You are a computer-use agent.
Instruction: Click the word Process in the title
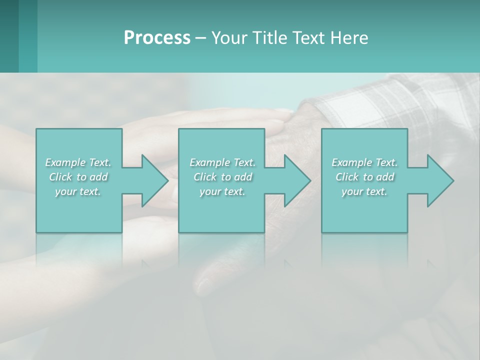[157, 38]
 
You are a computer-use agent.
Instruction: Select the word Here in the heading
[349, 38]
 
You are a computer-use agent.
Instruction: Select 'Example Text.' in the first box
[78, 162]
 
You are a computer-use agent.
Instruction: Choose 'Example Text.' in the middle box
[222, 162]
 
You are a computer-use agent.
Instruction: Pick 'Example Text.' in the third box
[364, 162]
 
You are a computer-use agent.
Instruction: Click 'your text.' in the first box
[78, 191]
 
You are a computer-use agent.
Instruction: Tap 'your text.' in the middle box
[222, 191]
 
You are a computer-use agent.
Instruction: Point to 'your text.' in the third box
[364, 191]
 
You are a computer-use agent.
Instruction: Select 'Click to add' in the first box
[78, 177]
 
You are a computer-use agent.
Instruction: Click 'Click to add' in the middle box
[222, 177]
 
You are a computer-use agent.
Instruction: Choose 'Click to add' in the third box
[364, 177]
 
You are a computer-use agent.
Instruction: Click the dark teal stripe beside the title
[9, 36]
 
